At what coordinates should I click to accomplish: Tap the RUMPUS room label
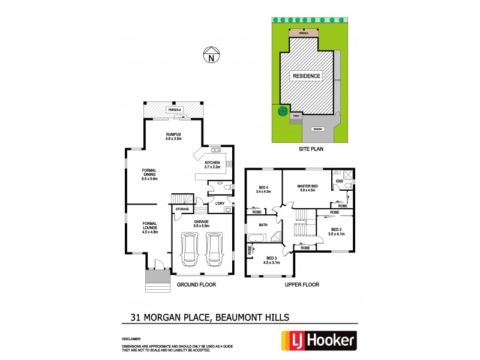(174, 136)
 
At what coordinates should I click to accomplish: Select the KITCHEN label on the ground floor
(212, 166)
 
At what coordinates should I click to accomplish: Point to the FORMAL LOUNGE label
(149, 227)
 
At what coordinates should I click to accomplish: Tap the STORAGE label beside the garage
(182, 209)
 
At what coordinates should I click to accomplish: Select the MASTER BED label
(307, 188)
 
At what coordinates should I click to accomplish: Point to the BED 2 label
(337, 230)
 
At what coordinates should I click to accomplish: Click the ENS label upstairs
(340, 181)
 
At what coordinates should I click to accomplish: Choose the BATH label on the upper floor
(263, 225)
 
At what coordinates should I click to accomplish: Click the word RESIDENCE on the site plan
(307, 76)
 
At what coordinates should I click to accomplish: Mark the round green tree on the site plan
(281, 110)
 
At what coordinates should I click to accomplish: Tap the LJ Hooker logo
(319, 341)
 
